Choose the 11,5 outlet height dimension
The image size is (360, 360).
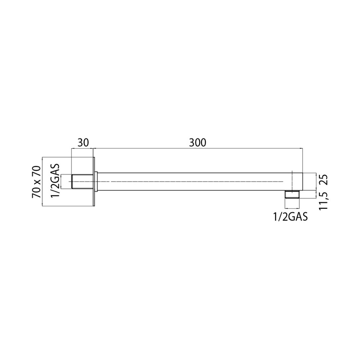(324, 200)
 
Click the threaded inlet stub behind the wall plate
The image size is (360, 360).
(83, 181)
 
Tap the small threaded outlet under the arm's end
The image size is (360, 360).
(292, 194)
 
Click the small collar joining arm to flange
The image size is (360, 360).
(97, 181)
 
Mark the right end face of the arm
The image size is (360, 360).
(302, 181)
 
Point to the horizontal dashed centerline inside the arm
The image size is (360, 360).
(191, 181)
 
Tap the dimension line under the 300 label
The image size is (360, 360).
(198, 149)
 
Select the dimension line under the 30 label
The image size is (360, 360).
(83, 149)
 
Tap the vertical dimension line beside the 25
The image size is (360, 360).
(316, 181)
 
